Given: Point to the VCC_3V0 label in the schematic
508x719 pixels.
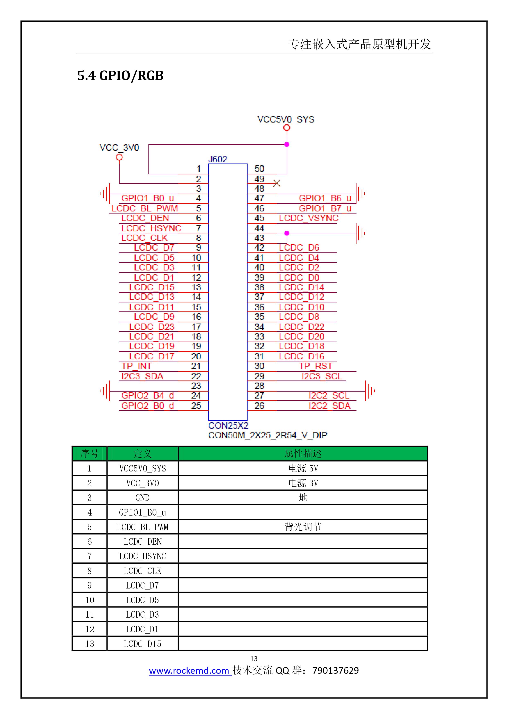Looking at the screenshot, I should pos(119,148).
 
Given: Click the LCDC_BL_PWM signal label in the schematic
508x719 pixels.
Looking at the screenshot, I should pos(145,208).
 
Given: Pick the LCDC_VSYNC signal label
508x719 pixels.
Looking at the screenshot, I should pos(309,218).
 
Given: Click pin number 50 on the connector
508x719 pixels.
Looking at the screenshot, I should pos(259,169).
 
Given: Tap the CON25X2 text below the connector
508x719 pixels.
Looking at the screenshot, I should pos(228,426).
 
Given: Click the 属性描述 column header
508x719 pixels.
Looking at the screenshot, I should pos(303,453).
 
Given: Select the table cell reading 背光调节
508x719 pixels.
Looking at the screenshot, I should pos(303,527).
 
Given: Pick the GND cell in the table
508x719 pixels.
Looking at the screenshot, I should pos(143,498).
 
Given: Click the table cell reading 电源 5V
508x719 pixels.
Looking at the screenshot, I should pos(303,468).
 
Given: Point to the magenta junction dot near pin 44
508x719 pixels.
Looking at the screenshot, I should pos(287,233).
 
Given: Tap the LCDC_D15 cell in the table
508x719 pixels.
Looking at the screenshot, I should pos(143,644).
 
